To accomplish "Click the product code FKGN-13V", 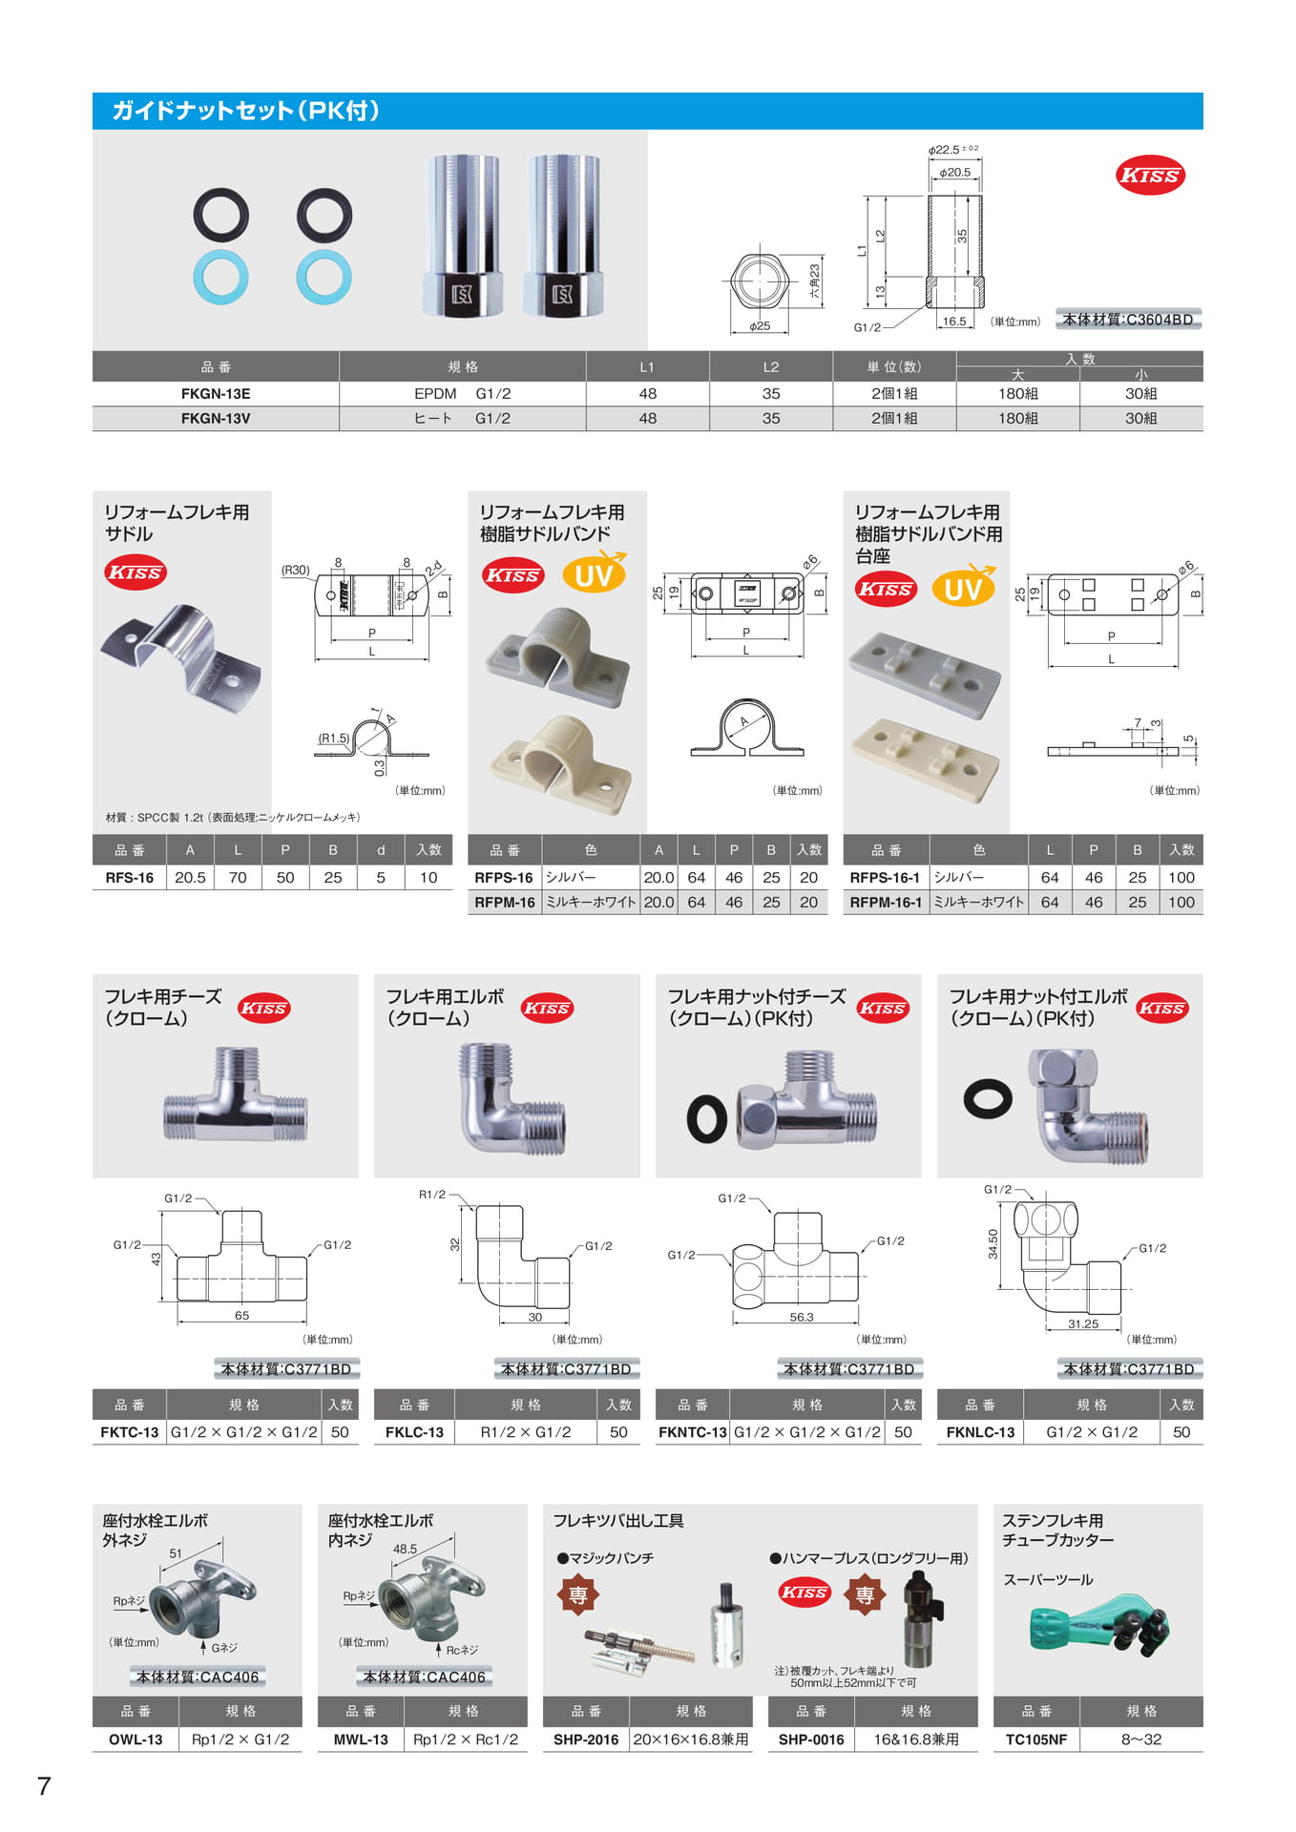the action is [x=216, y=418].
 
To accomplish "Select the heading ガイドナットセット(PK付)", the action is [x=246, y=111].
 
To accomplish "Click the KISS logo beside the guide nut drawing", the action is [x=1150, y=176].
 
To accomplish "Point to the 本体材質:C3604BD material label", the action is [x=1128, y=320].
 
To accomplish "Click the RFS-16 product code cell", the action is [x=130, y=878].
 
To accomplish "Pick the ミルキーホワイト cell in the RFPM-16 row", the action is [x=591, y=902].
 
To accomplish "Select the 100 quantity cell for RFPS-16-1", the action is [x=1181, y=877].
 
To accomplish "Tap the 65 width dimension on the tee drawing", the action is [x=242, y=1316].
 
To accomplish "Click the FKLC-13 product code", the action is [x=414, y=1432].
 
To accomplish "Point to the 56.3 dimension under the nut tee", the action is [x=802, y=1318].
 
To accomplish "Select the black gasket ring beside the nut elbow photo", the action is [x=988, y=1098].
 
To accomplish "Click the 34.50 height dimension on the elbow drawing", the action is [x=993, y=1243].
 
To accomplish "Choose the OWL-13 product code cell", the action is [x=136, y=1739].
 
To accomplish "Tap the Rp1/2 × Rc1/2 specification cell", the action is [x=466, y=1739].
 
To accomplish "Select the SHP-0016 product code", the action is [x=811, y=1739].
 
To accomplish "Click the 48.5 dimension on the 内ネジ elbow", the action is [x=405, y=1549].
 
